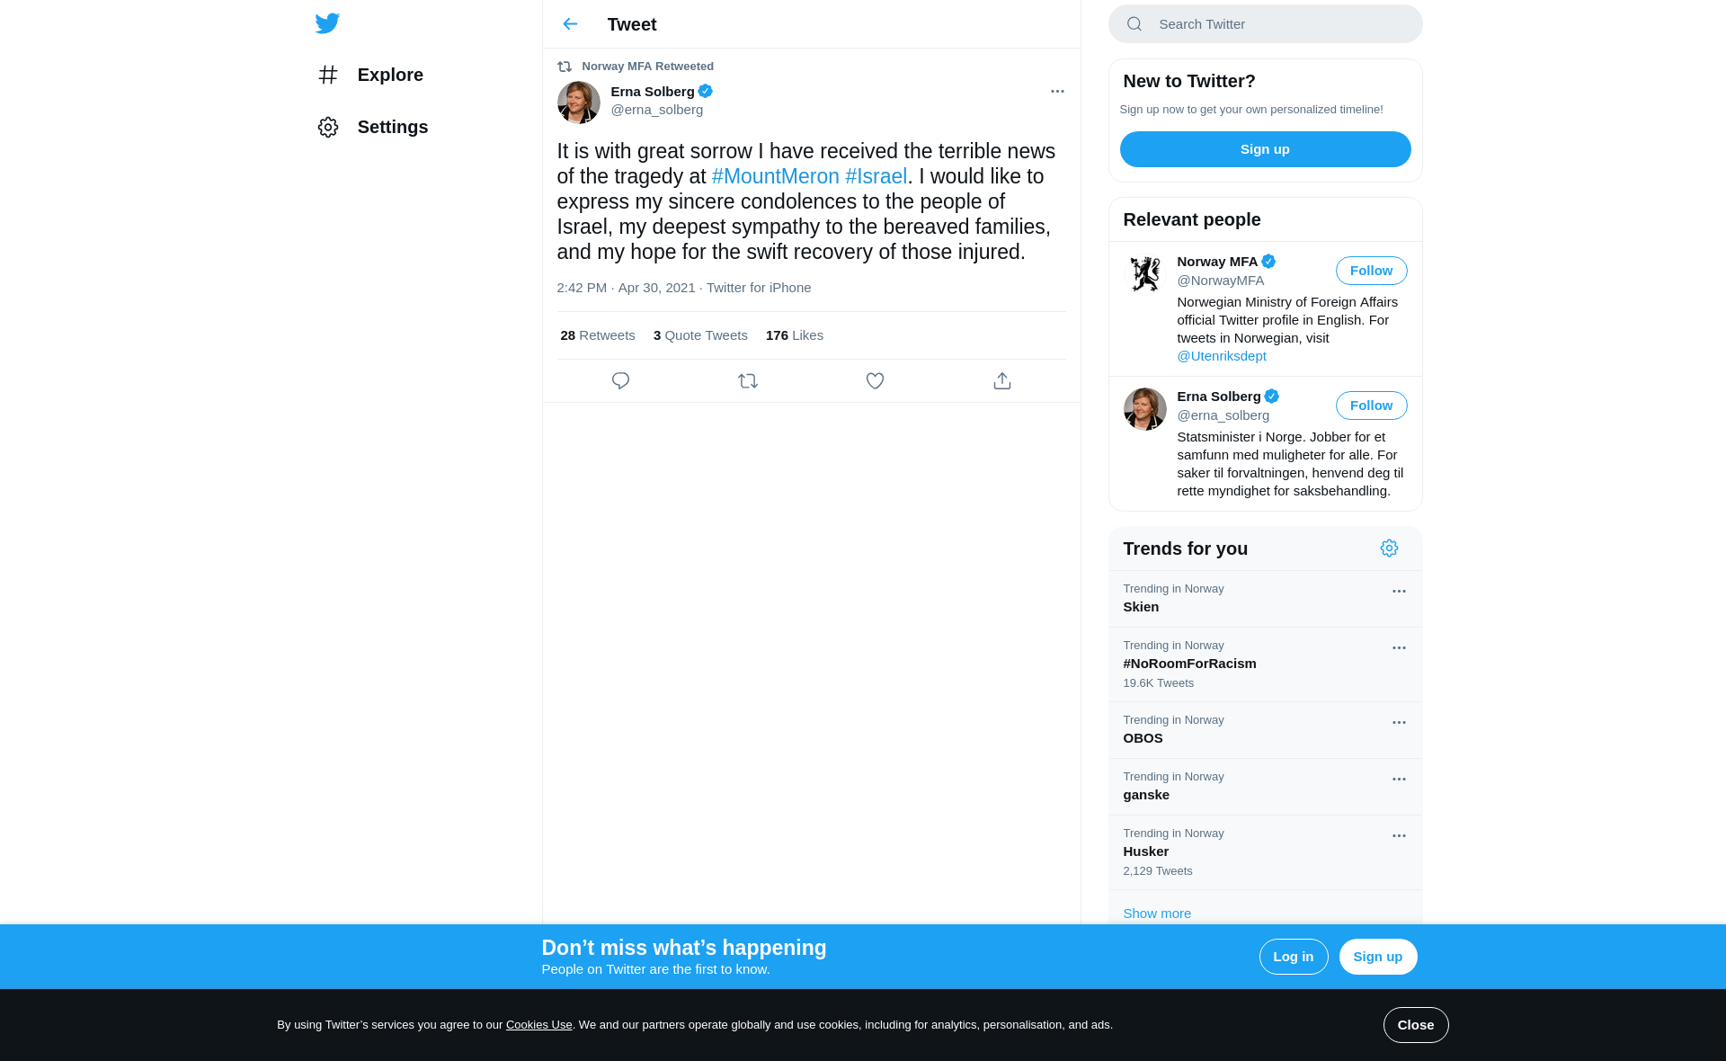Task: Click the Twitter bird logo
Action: pos(327,23)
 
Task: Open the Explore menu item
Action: pos(389,75)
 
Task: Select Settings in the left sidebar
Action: pos(392,127)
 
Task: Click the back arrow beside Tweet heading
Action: pos(570,24)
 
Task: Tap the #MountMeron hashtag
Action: pos(775,176)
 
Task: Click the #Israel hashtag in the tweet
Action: pos(876,176)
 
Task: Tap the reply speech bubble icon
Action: pos(620,381)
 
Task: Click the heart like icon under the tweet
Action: pos(875,381)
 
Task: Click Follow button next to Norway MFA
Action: pos(1371,271)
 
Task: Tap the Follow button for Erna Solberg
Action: pos(1371,406)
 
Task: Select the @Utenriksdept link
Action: pos(1221,356)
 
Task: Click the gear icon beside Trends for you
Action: pos(1389,548)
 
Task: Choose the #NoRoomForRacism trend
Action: pos(1189,664)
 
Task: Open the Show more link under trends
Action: pos(1157,914)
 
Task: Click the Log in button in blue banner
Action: pos(1293,957)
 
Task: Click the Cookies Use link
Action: pos(538,1025)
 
